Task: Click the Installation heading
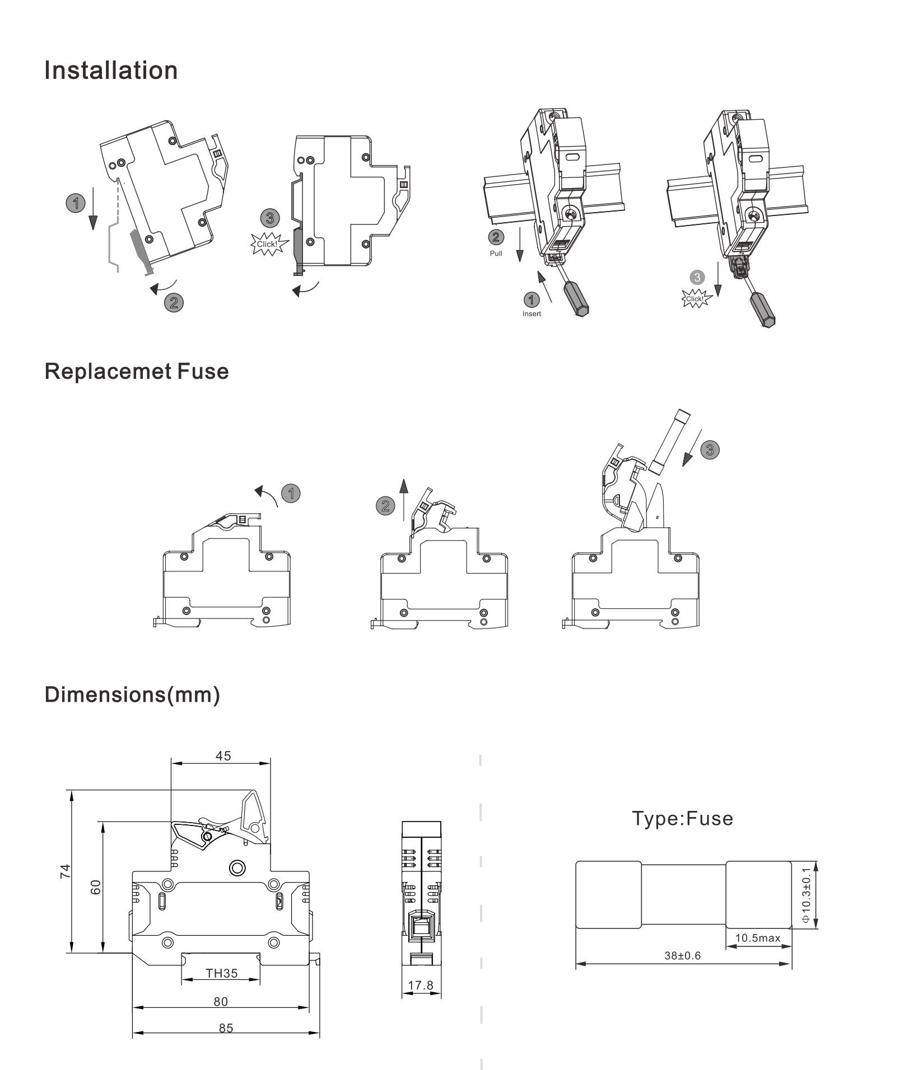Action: (111, 71)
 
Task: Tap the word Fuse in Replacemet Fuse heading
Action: (203, 372)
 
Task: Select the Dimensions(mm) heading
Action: (132, 694)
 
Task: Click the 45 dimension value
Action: (223, 755)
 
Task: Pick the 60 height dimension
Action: (96, 887)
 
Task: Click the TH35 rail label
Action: (222, 973)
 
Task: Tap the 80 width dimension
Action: (221, 1001)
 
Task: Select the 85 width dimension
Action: (226, 1028)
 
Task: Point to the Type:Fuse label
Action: (683, 818)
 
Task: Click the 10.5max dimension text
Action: (758, 938)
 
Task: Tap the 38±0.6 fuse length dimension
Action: (683, 955)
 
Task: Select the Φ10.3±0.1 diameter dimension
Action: (806, 895)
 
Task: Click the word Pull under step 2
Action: (496, 254)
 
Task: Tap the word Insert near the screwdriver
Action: (532, 314)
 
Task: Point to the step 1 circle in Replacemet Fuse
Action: (291, 494)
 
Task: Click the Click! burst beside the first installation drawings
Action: (267, 245)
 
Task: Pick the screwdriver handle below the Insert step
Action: (576, 300)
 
